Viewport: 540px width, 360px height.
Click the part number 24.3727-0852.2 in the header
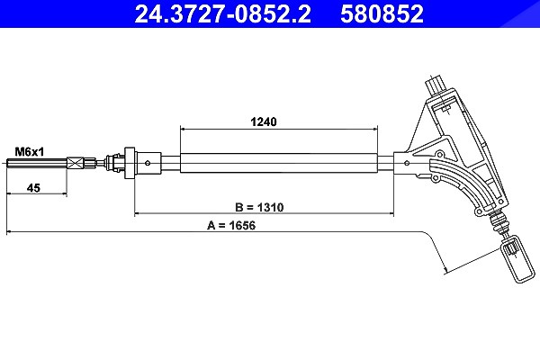pos(222,13)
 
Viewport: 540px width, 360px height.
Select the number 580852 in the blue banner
pos(382,13)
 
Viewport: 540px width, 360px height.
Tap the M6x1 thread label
pos(30,151)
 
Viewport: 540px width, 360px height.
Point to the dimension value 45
pos(33,188)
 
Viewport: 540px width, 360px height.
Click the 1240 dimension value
pos(264,121)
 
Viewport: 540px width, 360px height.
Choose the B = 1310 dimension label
pos(259,207)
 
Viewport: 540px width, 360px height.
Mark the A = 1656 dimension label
pos(231,225)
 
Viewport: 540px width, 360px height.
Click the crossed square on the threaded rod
pos(75,163)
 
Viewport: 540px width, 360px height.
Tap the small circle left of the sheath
pos(148,163)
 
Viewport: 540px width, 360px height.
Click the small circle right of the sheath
pos(407,163)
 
